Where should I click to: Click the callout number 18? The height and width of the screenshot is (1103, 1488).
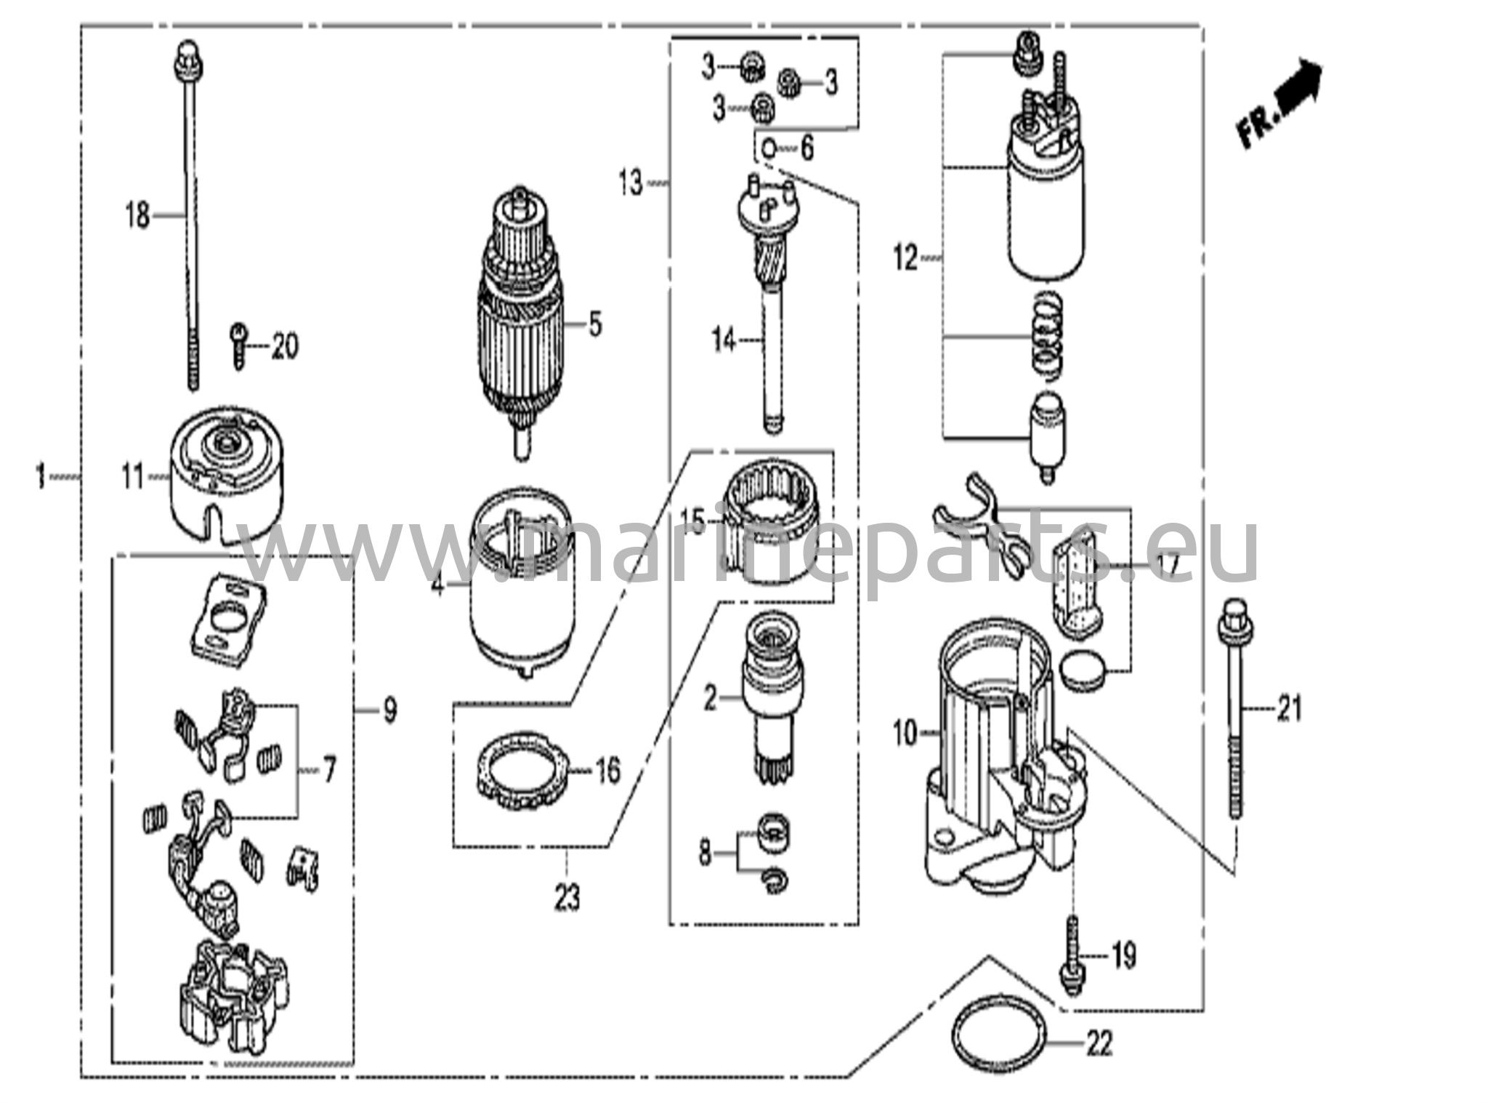tap(137, 216)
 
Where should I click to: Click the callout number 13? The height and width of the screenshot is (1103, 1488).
tap(631, 183)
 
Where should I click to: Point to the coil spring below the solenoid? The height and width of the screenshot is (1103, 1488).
tap(1047, 334)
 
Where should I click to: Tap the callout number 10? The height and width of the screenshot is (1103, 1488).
tap(906, 734)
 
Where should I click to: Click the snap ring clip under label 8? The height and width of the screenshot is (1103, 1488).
tap(776, 879)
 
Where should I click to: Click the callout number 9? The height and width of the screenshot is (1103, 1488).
tap(390, 710)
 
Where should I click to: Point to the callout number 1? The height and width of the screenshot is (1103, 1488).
tap(41, 478)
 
